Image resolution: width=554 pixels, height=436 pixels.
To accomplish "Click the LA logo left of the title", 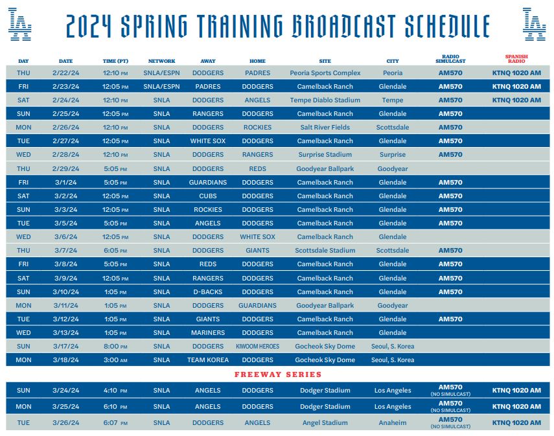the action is click(x=20, y=25).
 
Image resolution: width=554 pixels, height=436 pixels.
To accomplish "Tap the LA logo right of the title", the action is click(x=534, y=25).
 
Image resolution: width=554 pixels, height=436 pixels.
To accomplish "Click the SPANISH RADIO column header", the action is click(x=516, y=59).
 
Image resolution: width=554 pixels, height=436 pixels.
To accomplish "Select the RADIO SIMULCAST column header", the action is click(x=450, y=59).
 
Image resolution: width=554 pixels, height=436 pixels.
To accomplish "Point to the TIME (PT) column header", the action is click(x=115, y=61).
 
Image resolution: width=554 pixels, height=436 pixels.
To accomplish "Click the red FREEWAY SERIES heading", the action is click(x=278, y=374).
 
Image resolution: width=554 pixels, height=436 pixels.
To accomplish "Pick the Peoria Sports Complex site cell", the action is click(x=325, y=73).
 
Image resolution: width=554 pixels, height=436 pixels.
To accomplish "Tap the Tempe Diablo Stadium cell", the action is click(x=325, y=100).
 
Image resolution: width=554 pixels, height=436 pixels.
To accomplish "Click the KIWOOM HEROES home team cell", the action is click(x=258, y=347).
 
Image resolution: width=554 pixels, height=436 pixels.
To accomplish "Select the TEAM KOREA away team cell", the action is click(x=208, y=360).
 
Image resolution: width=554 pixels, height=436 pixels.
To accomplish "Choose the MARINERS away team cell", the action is click(x=208, y=333).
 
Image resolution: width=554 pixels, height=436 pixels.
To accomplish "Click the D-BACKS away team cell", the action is click(x=208, y=292).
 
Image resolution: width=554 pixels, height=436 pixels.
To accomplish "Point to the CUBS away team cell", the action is click(x=208, y=196).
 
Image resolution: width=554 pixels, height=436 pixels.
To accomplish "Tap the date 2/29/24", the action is click(x=65, y=169).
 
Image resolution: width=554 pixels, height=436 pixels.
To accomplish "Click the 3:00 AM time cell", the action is click(x=115, y=360).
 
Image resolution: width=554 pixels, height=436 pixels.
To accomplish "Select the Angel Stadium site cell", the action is click(x=325, y=423).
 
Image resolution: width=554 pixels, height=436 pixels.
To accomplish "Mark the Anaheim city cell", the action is click(x=393, y=423).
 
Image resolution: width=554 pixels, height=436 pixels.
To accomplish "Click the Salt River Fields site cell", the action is click(x=325, y=128).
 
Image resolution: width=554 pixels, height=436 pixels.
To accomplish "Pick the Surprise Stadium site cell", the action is click(x=325, y=155).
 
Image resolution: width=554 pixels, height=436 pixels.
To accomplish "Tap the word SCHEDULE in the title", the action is click(x=447, y=26).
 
